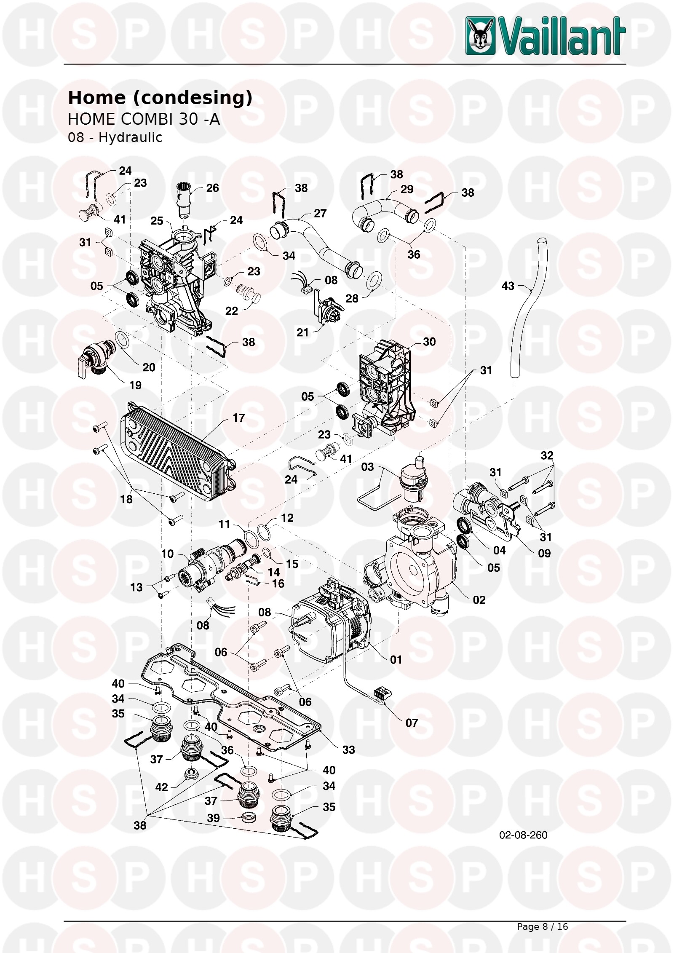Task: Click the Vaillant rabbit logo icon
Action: point(480,36)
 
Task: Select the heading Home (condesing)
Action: point(160,98)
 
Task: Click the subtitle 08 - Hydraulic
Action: point(115,137)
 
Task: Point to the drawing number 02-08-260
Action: point(523,835)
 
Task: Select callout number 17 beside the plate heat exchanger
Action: point(238,418)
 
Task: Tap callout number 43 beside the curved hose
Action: point(508,286)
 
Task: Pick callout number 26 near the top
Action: point(212,188)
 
